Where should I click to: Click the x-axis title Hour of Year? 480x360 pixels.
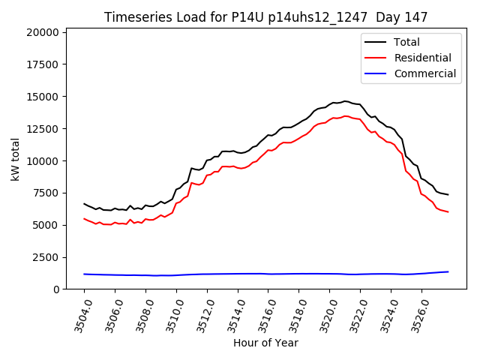point(265,343)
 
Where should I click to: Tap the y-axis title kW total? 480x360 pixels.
point(16,159)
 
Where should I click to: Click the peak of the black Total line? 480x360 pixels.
point(345,100)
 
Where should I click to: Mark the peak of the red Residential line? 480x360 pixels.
point(345,116)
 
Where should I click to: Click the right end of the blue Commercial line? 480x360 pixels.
point(448,271)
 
